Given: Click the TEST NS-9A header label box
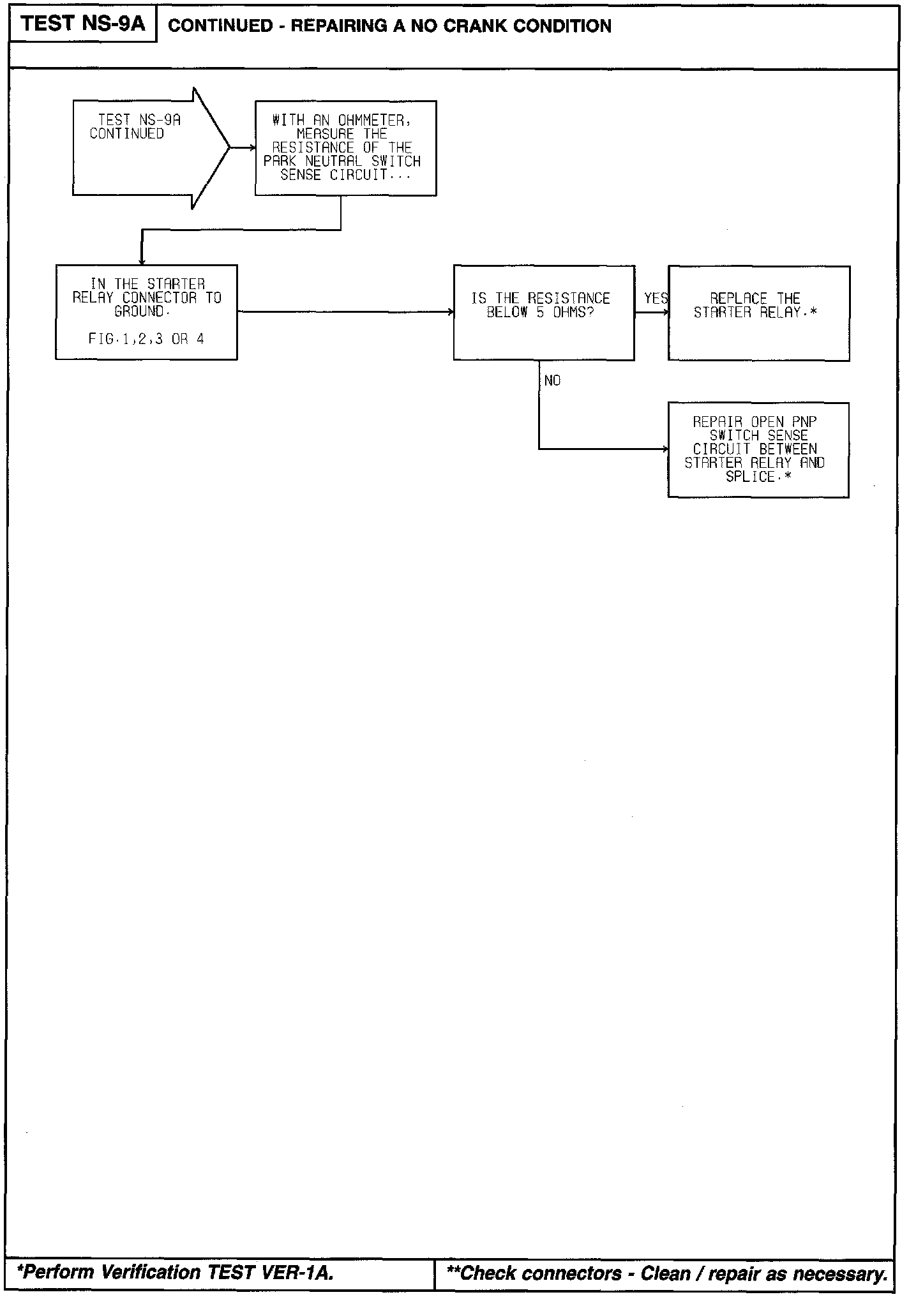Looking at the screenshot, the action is click(x=83, y=25).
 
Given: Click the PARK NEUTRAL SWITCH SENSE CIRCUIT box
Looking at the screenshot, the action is click(x=345, y=148).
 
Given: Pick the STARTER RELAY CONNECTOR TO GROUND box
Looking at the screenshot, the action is click(x=146, y=312).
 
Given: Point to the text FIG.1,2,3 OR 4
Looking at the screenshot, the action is click(x=146, y=340).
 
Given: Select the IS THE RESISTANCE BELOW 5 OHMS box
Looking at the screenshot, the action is click(x=543, y=313).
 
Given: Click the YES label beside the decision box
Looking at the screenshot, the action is click(x=656, y=299).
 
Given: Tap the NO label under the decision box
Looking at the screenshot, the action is click(x=552, y=381).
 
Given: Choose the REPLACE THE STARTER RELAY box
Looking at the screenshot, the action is click(x=758, y=313).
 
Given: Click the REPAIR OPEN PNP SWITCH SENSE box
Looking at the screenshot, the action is click(x=758, y=449).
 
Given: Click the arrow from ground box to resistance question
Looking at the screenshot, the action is click(x=345, y=312).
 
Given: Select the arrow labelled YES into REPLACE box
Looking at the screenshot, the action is click(x=652, y=313).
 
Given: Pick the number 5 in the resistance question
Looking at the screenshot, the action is click(x=540, y=313).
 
